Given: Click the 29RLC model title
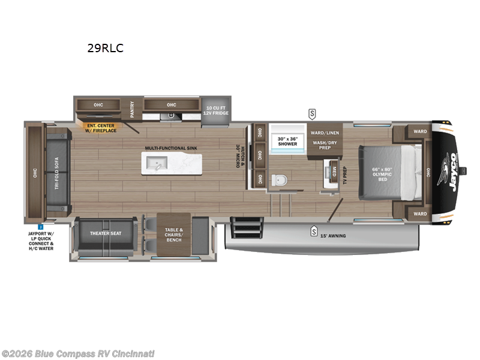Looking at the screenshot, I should pos(106,49).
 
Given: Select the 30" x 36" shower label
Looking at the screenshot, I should pos(287,141).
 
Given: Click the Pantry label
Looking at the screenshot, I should pos(132,109).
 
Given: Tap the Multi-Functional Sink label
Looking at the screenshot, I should pos(170,147).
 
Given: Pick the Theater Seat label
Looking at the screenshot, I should pos(106,233).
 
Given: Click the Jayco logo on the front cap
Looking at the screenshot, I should pos(447,170).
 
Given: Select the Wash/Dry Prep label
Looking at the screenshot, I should pos(325,145).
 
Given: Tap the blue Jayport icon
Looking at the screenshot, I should pos(40,227).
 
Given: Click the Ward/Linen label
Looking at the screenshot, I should pos(325,132).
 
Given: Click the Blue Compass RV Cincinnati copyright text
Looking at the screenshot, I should pos(77,353).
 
